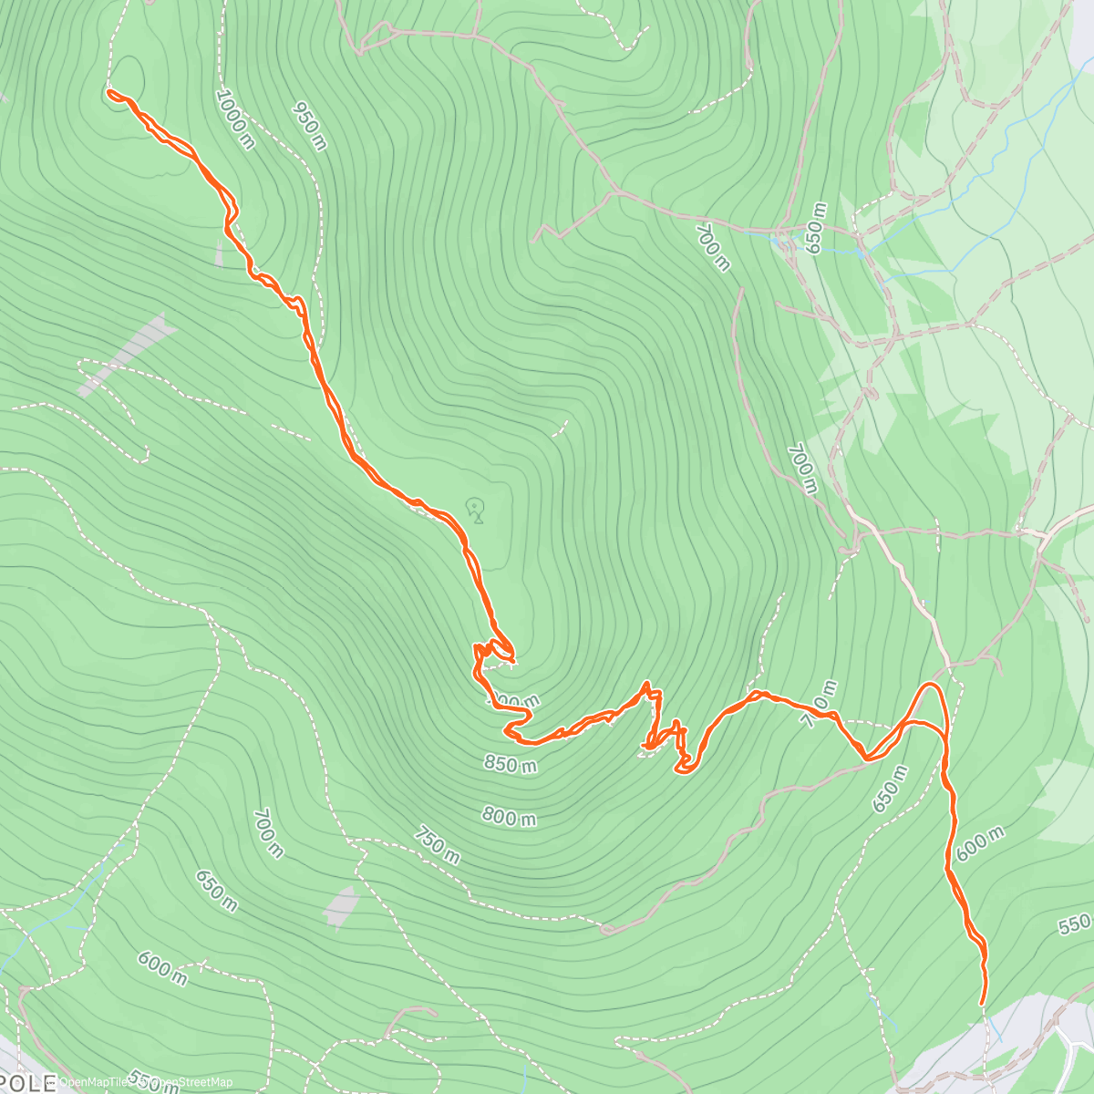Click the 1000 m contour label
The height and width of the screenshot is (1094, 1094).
point(235,119)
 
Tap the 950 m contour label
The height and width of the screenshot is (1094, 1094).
point(309,125)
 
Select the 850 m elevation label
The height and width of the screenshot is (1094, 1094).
point(510,763)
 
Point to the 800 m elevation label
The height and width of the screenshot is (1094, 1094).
point(509,817)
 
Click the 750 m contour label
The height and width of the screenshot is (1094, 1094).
point(437,844)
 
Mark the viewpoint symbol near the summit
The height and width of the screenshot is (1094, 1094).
point(474,510)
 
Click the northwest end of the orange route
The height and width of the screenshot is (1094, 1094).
point(110,92)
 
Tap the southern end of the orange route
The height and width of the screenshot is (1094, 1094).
point(982,1004)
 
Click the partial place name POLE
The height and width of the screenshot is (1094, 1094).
point(22,1084)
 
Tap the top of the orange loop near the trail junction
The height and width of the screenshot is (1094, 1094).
point(931,684)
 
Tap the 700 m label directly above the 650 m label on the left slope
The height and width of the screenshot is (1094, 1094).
point(270,833)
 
